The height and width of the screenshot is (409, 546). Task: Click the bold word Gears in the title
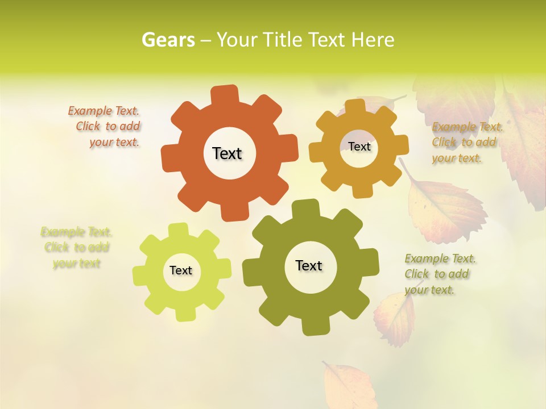(x=168, y=40)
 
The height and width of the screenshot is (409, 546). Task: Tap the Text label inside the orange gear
(x=227, y=153)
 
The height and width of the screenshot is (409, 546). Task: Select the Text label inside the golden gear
(x=359, y=147)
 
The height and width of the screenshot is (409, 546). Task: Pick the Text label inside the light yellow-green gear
(x=181, y=270)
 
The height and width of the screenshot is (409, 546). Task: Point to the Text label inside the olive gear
(x=309, y=265)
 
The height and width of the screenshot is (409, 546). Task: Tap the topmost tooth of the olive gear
(x=305, y=208)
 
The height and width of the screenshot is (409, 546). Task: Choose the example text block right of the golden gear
(x=466, y=142)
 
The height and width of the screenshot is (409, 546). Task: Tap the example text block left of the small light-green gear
(x=76, y=248)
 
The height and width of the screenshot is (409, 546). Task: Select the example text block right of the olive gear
(x=439, y=274)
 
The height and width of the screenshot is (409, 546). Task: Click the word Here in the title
(x=373, y=40)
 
